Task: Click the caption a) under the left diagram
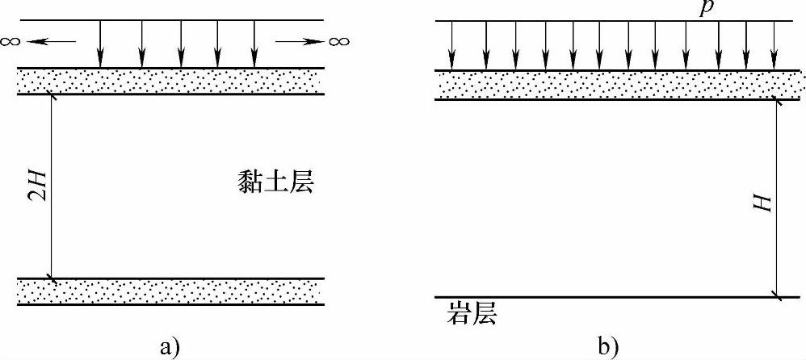170,346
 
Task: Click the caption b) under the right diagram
607,346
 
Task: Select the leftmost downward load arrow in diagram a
100,44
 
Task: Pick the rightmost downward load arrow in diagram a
254,44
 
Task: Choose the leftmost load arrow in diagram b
451,45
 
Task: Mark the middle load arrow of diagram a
180,44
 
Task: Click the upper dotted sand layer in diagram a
170,82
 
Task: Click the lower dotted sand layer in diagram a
170,291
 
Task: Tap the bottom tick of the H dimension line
778,296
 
